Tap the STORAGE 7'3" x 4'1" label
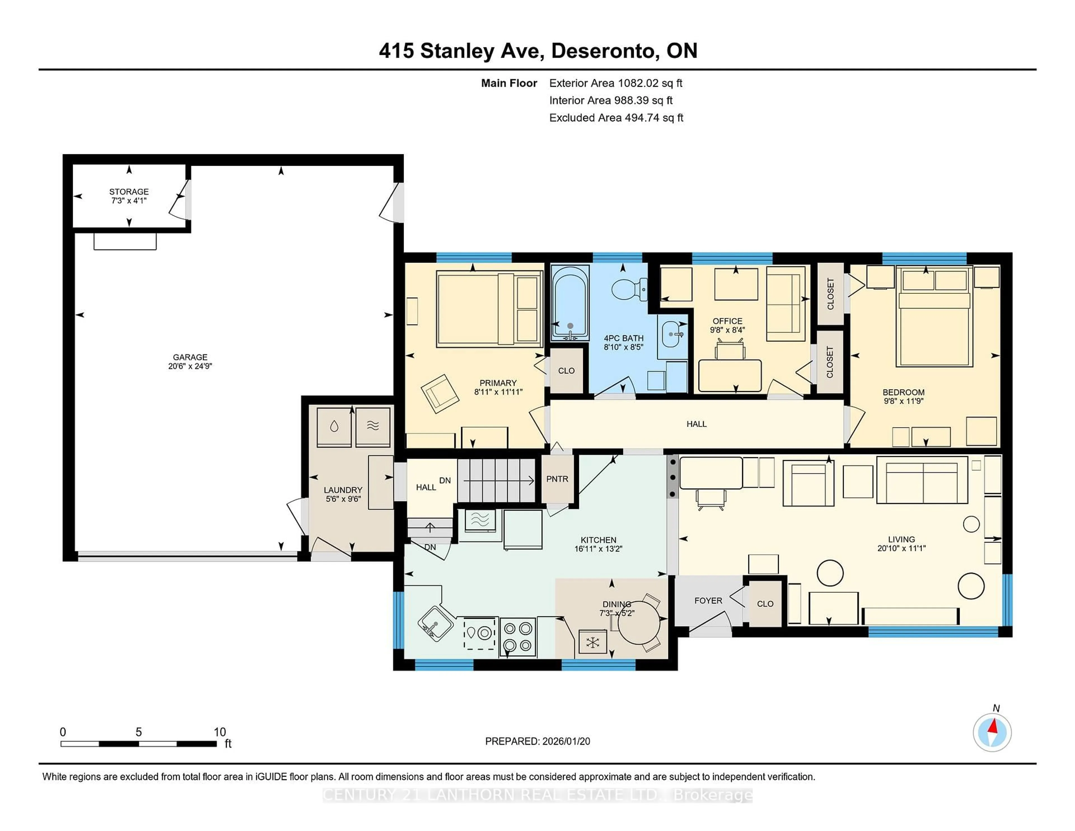pos(129,196)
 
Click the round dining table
pos(638,623)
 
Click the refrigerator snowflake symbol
pos(593,643)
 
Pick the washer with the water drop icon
pos(334,426)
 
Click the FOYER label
pos(708,601)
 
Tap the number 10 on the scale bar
pos(219,732)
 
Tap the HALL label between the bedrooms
pos(697,424)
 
